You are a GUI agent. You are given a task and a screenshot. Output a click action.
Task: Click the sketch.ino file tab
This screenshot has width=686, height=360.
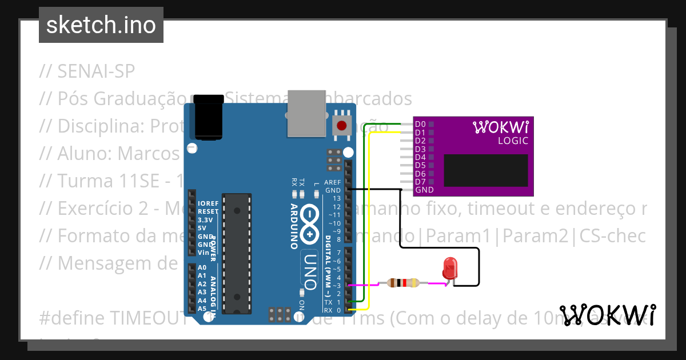pyautogui.click(x=101, y=25)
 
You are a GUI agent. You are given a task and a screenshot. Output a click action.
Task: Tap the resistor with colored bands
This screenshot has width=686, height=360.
pyautogui.click(x=403, y=282)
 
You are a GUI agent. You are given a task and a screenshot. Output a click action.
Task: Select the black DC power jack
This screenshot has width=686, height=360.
pyautogui.click(x=208, y=118)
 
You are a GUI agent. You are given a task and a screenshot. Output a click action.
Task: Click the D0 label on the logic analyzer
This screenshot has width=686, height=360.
pyautogui.click(x=420, y=124)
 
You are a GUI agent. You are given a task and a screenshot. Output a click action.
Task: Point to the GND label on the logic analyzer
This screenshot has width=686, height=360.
pyautogui.click(x=424, y=190)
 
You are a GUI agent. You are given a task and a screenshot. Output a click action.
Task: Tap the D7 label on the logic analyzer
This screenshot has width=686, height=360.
pyautogui.click(x=420, y=182)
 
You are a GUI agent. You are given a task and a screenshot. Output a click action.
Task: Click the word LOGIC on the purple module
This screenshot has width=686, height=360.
pyautogui.click(x=513, y=141)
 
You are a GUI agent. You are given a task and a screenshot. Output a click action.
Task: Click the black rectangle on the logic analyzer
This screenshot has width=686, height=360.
pyautogui.click(x=486, y=170)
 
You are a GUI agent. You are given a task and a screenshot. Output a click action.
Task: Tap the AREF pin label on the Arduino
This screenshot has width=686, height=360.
pyautogui.click(x=332, y=182)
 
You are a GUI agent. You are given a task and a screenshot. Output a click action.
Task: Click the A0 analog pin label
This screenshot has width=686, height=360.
pyautogui.click(x=202, y=267)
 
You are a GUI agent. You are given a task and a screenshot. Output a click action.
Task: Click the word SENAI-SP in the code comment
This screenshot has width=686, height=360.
pyautogui.click(x=96, y=71)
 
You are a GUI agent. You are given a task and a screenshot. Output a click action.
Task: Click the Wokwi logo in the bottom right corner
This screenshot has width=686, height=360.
pyautogui.click(x=607, y=315)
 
